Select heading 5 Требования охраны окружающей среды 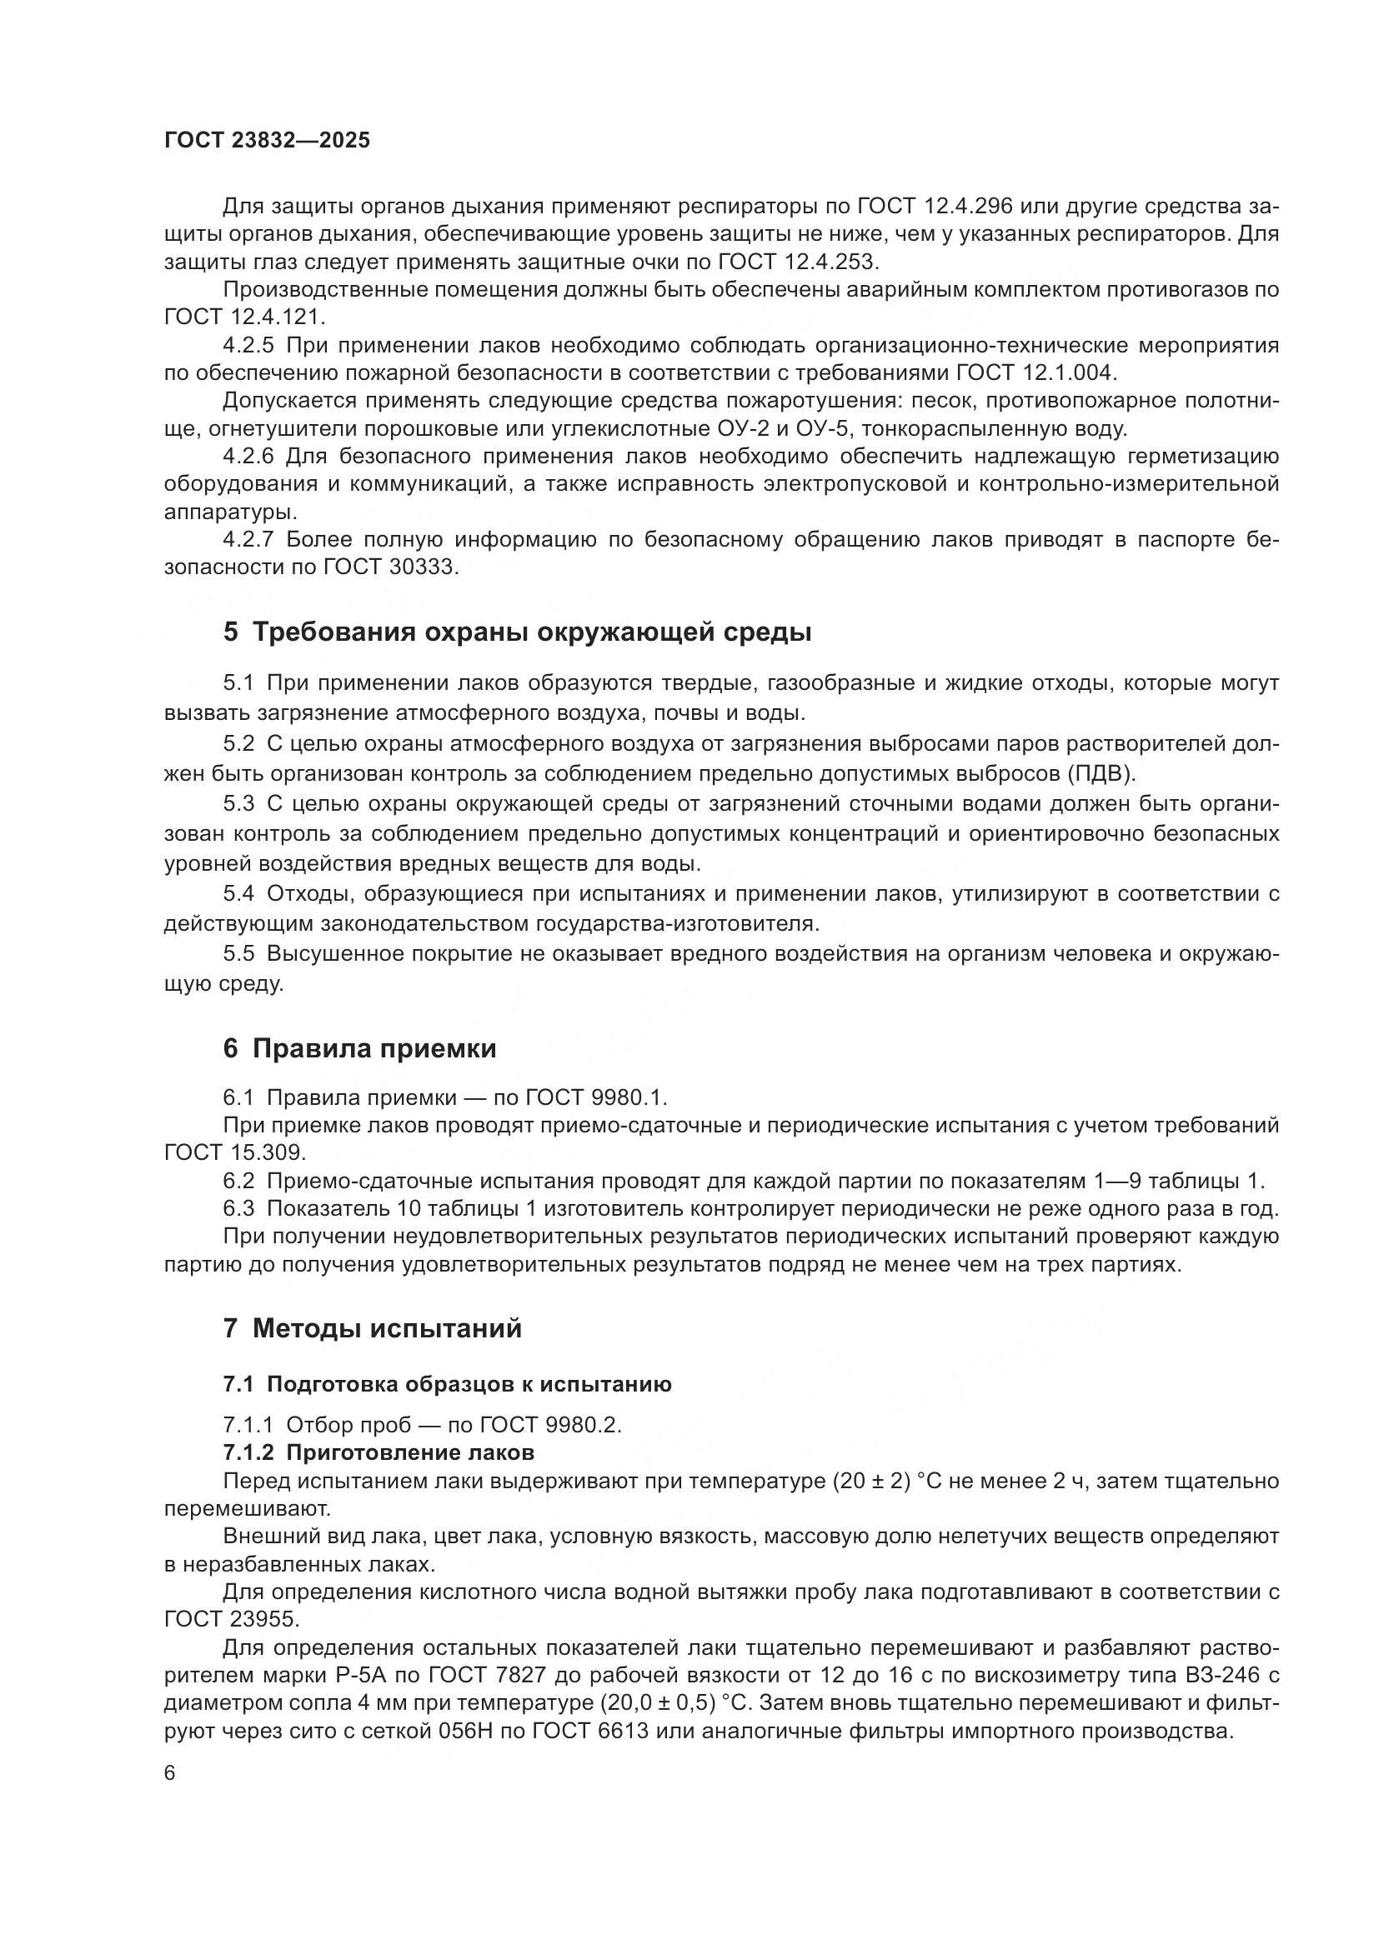[517, 632]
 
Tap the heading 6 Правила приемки [359, 1049]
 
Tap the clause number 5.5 [238, 953]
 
